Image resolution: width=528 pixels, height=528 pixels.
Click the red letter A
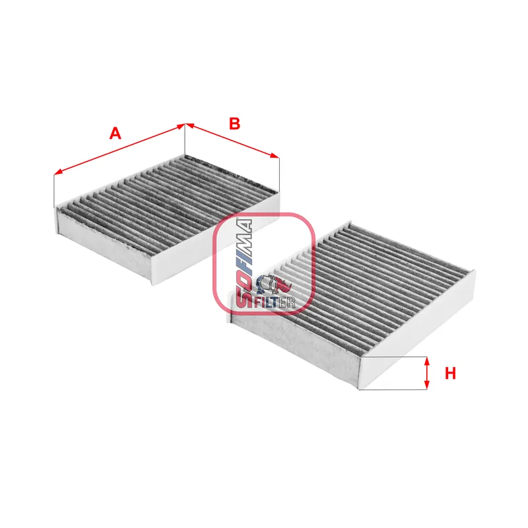tap(115, 133)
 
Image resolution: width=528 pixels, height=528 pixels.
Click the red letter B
tap(234, 123)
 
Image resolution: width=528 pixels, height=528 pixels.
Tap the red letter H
tap(450, 374)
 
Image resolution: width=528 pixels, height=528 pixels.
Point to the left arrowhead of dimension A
tap(57, 173)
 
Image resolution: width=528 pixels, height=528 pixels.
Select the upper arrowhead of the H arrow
tap(427, 362)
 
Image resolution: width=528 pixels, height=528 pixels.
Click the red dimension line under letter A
tap(119, 149)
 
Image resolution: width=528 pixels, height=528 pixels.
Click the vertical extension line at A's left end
tap(53, 191)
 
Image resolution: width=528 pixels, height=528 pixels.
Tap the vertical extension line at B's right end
tap(280, 174)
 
